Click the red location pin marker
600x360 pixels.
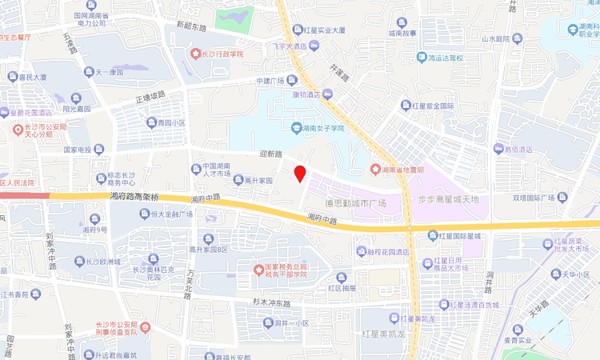point(300,174)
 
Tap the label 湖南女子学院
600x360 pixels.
point(318,128)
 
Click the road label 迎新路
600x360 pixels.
point(272,154)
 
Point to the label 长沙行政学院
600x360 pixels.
point(221,54)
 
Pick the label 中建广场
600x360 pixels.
point(270,81)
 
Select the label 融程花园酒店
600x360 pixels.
point(388,251)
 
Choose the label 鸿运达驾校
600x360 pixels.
point(446,58)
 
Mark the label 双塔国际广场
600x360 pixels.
point(534,197)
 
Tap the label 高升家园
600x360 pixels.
point(258,181)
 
